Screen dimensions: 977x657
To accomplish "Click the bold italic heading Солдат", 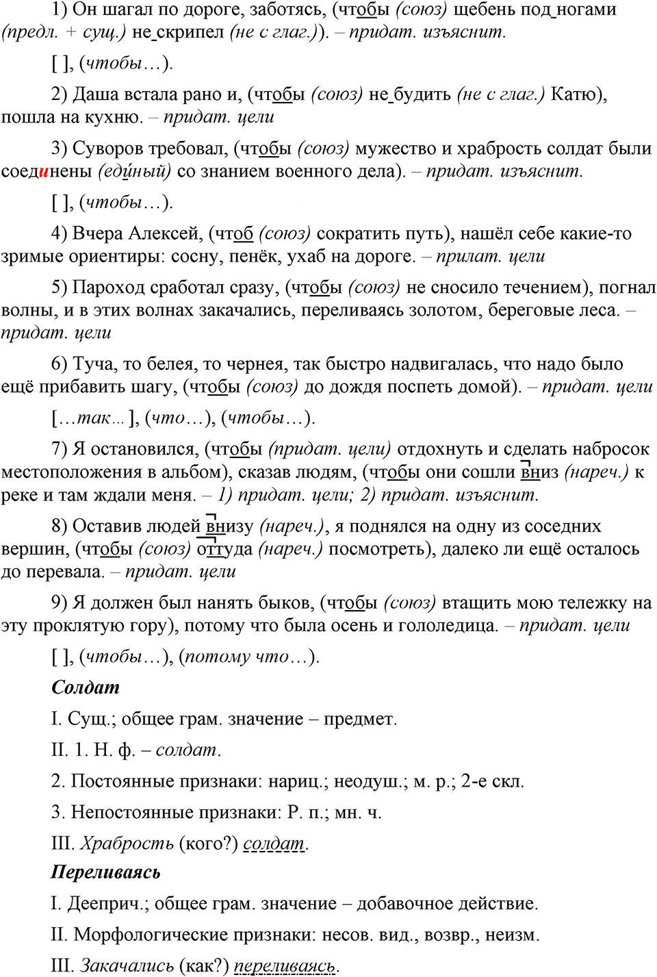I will point(86,687).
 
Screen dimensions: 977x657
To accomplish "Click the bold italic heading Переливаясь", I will point(106,872).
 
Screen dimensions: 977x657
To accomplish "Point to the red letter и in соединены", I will point(44,171).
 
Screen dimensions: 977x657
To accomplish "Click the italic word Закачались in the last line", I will point(127,965).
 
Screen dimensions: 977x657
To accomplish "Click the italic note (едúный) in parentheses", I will point(135,171).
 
